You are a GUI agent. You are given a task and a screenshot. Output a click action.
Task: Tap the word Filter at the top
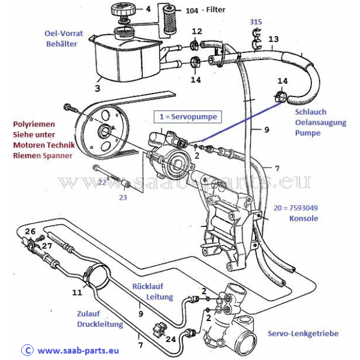coord(215,10)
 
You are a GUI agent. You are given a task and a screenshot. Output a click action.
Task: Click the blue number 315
coord(256,22)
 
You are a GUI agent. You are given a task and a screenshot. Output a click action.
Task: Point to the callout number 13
coord(274,39)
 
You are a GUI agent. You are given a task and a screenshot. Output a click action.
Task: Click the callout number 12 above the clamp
coord(197,31)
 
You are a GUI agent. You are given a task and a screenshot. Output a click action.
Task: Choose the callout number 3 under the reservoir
coord(98,88)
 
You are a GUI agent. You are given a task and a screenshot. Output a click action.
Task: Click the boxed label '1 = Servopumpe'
coord(188,117)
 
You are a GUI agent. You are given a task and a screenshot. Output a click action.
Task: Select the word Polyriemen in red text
coord(34,124)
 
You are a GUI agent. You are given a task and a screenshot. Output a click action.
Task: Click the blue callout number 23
coord(123,197)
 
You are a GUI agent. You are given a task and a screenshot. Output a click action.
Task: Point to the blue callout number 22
coord(102,182)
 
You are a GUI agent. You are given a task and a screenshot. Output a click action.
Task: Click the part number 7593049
coord(304,208)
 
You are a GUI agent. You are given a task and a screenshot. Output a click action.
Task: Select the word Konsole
coord(304,218)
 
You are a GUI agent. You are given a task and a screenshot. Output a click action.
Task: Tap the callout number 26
coord(30,231)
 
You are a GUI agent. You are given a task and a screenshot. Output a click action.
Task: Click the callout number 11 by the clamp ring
coord(77,292)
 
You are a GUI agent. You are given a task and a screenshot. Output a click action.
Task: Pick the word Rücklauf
coord(148,286)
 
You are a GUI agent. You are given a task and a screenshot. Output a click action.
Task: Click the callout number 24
coord(170,339)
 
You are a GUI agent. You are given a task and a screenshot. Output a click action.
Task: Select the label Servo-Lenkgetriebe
coord(303,334)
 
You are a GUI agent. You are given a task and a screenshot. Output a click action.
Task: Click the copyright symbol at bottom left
coord(27,350)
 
